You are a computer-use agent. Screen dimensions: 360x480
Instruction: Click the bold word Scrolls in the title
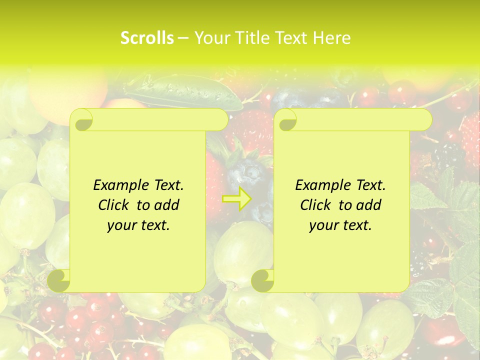(x=147, y=38)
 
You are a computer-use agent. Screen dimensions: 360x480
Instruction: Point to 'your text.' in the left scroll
(x=138, y=225)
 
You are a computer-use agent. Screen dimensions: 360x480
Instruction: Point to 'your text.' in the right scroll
(x=340, y=225)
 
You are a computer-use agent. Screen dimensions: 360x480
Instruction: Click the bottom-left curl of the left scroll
(x=59, y=280)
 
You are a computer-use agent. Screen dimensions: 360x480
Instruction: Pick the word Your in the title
(x=210, y=38)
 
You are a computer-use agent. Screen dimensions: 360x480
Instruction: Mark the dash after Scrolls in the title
(x=183, y=38)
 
